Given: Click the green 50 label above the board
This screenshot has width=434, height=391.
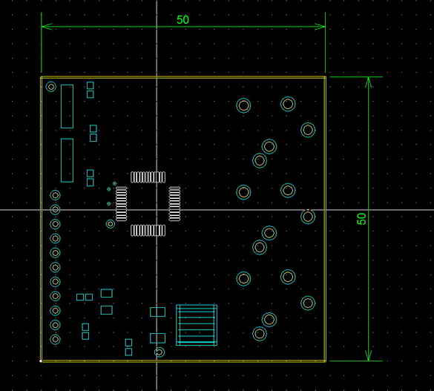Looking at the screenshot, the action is pos(183,19).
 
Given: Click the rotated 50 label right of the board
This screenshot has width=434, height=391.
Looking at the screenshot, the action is pos(361,219).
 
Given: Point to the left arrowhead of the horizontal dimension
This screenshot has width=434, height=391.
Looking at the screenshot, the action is pos(47,27).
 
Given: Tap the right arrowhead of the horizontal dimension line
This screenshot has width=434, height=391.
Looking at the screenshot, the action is pos(320,27).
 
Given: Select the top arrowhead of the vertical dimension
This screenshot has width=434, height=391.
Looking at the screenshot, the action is pos(368,82).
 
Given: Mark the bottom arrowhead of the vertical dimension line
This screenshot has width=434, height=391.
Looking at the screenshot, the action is pos(368,355).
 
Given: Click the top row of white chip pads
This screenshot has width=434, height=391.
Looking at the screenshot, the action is pos(148,177).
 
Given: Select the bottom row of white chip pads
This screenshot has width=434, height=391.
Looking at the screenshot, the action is pos(148,230).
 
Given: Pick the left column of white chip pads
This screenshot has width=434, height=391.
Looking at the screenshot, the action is pos(121,204).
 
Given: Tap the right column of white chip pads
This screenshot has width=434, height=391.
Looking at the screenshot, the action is pos(174,204).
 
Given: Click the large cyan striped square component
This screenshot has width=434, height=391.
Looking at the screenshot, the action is pos(197,325).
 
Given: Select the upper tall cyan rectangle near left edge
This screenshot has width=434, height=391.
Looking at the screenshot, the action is pos(67,107).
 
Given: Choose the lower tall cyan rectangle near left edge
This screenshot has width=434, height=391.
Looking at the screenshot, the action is pos(67,160).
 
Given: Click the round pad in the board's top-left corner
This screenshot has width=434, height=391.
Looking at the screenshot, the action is pos(51,87).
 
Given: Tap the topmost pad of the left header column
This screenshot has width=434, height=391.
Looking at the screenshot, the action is pos(55,195).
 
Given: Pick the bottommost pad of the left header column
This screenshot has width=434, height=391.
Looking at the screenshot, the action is pos(55,339).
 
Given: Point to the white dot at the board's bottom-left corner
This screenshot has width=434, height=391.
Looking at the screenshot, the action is pos(41,361).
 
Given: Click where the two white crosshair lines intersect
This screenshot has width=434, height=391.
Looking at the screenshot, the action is pos(157,210).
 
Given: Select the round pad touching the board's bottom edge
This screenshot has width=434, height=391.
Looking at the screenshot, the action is pos(160,352).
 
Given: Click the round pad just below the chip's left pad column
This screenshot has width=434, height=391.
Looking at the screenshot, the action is pos(111,224).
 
